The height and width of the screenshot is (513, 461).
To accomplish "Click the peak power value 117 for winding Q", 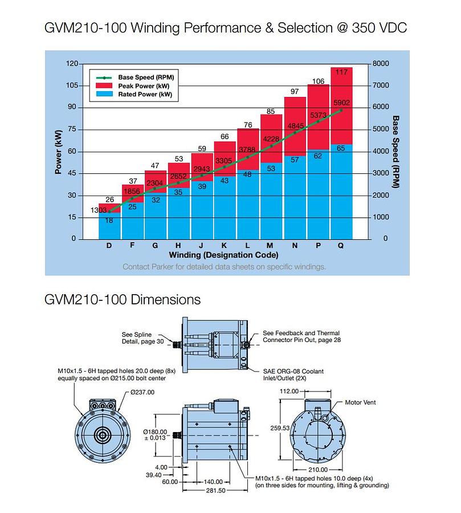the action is coord(341,72).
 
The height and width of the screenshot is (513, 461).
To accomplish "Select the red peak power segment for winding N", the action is coord(295,127).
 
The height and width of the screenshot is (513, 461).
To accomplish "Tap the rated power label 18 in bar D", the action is coord(109,221).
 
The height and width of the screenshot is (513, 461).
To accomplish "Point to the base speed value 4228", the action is coord(271,139).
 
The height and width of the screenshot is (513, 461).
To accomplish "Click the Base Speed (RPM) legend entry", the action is coord(135,78).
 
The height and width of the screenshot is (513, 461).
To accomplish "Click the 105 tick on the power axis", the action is coord(72,85).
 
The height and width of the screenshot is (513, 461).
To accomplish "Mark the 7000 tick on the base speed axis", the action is coord(381,85).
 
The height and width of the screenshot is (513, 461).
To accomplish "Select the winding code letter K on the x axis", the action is coord(224,245).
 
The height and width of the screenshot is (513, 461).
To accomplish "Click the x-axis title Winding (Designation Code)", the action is coord(223,255).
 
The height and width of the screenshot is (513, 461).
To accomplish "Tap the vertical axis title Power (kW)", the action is coord(58,152).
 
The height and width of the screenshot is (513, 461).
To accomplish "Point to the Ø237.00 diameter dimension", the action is coord(142,392).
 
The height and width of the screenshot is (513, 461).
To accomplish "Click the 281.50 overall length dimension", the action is coord(215,490).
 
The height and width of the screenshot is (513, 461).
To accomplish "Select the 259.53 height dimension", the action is coord(280,428).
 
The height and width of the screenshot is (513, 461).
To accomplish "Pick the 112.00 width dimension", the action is coord(289,391).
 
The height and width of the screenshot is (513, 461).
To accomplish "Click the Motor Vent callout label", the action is coord(360,402).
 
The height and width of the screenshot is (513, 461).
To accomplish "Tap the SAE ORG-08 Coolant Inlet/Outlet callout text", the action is coord(293,375).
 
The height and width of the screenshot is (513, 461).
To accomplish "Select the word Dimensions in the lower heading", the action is coord(166,300).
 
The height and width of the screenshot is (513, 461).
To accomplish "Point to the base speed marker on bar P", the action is coord(318,121).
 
